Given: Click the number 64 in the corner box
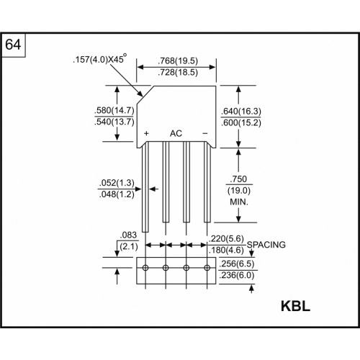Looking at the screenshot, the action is [x=13, y=45].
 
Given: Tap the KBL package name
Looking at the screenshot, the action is [x=295, y=306].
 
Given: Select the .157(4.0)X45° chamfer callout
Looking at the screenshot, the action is [x=99, y=59].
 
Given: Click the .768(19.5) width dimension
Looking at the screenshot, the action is [x=178, y=61].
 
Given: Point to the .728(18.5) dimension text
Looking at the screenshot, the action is [x=178, y=72].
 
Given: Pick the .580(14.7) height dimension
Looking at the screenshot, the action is [x=114, y=111].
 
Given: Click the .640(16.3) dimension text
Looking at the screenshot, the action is [x=241, y=112].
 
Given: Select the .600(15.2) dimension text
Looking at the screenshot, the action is [x=241, y=122].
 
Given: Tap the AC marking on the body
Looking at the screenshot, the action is [x=176, y=133].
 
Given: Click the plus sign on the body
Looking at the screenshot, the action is [x=146, y=133].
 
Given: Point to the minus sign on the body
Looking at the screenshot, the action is [x=205, y=133].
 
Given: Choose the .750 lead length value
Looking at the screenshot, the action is [x=238, y=179].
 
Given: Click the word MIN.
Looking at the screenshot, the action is [x=239, y=202].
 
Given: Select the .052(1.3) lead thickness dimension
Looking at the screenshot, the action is [x=117, y=183].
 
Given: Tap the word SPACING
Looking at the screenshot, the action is [x=266, y=245].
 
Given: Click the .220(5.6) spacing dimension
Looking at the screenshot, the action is [x=226, y=239].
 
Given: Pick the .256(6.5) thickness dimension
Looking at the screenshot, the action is [x=237, y=264].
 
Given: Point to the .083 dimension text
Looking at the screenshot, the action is [x=128, y=235].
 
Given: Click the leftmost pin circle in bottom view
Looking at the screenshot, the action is [x=145, y=268].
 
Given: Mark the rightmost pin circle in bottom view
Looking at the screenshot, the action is [x=207, y=268].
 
